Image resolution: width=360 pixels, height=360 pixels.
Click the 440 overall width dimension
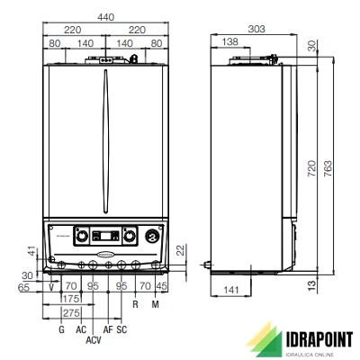[x=106, y=17]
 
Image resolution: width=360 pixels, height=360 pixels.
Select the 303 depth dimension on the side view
[x=256, y=29]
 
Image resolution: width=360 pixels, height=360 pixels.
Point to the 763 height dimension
[x=328, y=168]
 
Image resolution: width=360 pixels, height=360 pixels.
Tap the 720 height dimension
[x=311, y=168]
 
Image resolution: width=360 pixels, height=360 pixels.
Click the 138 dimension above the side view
[x=229, y=41]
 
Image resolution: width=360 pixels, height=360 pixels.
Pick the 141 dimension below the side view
[x=231, y=290]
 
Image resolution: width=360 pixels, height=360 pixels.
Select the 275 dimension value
[x=71, y=313]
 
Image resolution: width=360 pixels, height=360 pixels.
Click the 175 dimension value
[x=71, y=299]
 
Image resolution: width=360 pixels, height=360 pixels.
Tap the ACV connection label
[x=94, y=340]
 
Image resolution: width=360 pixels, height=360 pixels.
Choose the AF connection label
[x=108, y=329]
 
